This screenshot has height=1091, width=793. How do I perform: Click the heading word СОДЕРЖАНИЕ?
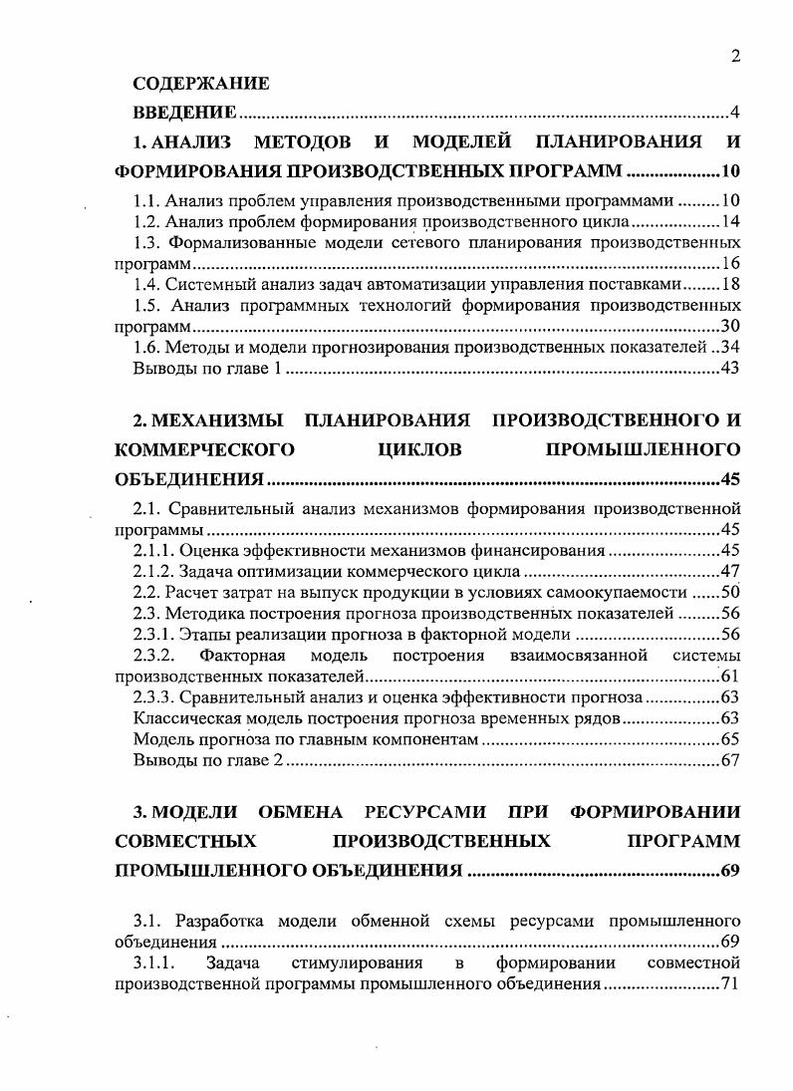(201, 84)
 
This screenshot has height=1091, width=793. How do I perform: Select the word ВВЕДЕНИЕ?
(184, 112)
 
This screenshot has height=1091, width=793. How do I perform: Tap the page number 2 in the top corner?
(734, 56)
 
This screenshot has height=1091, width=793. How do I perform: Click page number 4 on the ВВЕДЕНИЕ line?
(734, 112)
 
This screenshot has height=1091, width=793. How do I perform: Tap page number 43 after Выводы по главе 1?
(730, 370)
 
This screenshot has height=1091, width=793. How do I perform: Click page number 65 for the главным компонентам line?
(730, 739)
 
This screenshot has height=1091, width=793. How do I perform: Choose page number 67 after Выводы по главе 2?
(730, 761)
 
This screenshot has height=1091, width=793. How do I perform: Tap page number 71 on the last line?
(730, 984)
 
